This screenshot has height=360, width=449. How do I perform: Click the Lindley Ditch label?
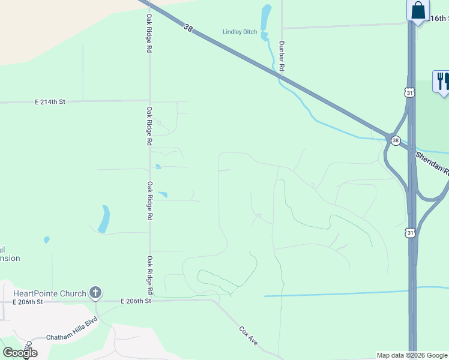click(x=240, y=32)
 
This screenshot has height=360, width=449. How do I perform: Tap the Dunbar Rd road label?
click(x=281, y=56)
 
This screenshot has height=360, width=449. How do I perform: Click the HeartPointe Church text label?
click(x=50, y=293)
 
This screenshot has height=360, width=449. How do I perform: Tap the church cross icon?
click(x=95, y=293)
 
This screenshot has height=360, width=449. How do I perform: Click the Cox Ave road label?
click(x=249, y=335)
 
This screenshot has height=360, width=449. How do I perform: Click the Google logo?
click(x=20, y=353)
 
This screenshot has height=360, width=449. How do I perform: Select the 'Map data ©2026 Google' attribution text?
click(x=412, y=355)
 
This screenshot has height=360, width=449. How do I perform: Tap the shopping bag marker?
click(x=418, y=11)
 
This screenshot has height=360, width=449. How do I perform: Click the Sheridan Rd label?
click(x=432, y=162)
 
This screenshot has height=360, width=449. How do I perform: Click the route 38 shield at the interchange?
click(x=395, y=140)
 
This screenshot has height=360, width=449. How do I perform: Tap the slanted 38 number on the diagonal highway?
click(x=188, y=28)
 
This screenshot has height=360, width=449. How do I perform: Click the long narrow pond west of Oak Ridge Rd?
click(x=104, y=219)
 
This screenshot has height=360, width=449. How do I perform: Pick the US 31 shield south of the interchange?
click(x=410, y=232)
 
